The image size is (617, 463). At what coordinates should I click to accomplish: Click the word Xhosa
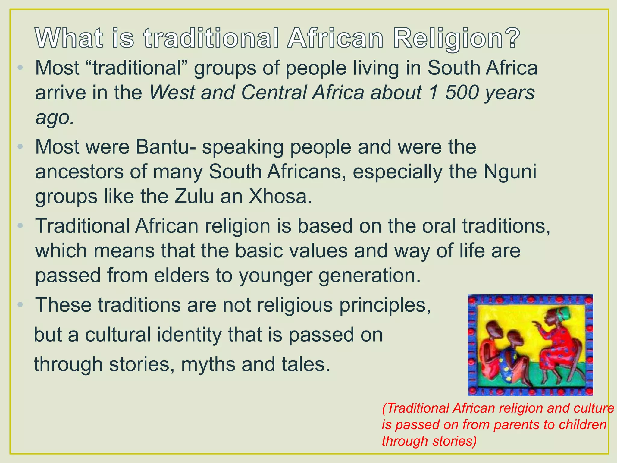[280, 197]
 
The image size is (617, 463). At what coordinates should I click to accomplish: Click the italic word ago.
[55, 118]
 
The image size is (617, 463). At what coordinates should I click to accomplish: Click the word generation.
[369, 276]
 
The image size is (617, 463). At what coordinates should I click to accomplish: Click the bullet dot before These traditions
[20, 305]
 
